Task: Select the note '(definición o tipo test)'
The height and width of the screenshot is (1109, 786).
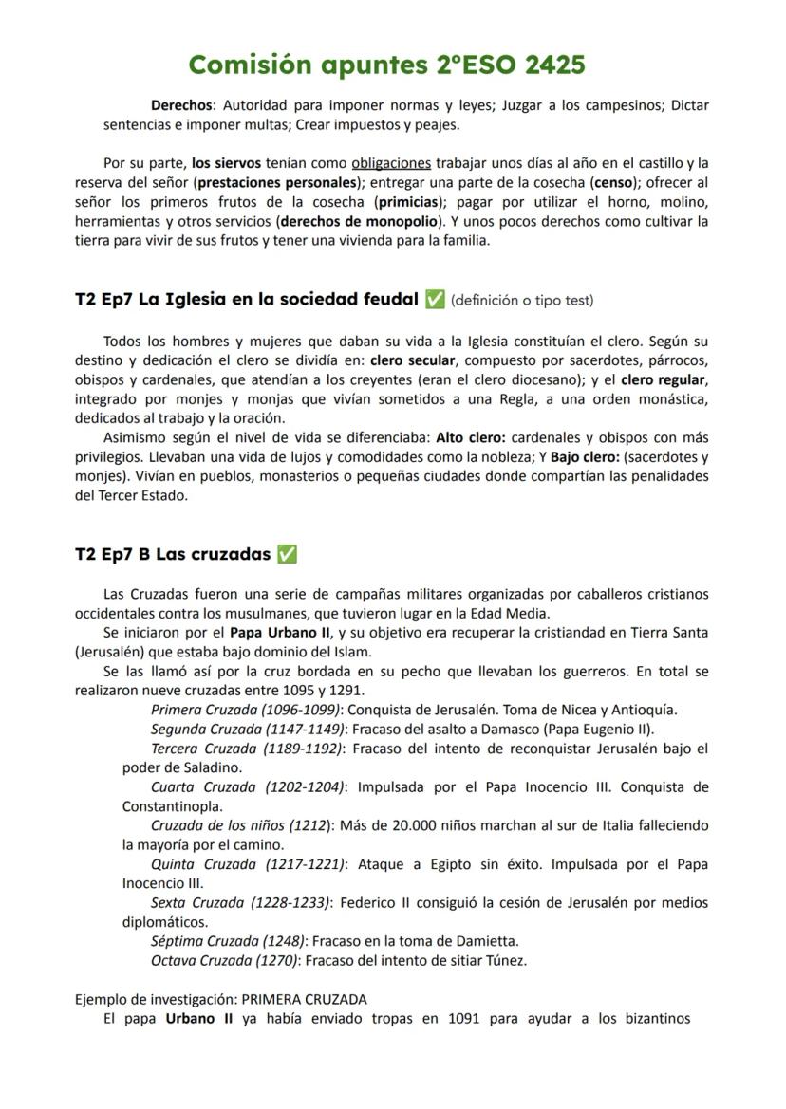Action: click(x=523, y=301)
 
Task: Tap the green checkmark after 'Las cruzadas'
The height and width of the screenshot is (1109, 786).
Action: click(x=287, y=554)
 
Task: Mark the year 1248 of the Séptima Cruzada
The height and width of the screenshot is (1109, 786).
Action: click(x=284, y=941)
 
